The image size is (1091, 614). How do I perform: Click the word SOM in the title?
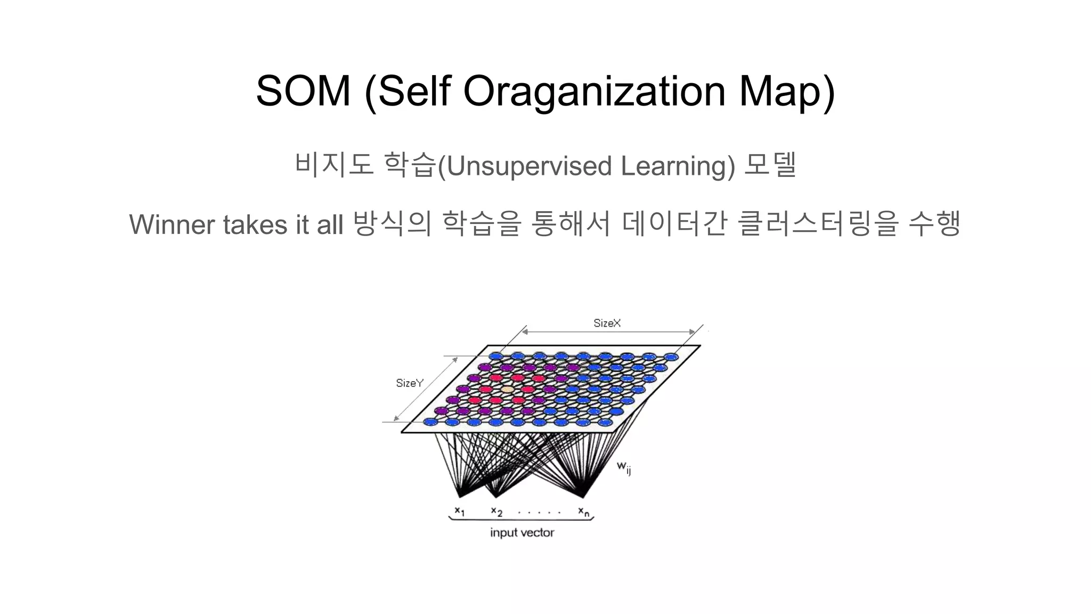tap(303, 91)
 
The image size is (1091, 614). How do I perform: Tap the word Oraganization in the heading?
tap(594, 91)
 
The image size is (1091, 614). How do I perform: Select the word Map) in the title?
tap(786, 91)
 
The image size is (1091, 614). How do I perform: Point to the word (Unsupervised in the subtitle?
tap(524, 166)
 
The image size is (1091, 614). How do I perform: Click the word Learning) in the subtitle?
tap(678, 166)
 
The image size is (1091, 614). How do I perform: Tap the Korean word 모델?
tap(770, 165)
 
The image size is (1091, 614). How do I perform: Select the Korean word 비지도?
tap(333, 165)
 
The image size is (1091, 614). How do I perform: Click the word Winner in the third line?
tap(171, 224)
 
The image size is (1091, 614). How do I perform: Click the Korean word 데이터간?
tap(674, 223)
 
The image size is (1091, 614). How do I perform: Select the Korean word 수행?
tap(934, 223)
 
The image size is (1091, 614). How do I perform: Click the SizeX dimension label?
tap(607, 323)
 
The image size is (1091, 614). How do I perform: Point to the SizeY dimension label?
tap(409, 383)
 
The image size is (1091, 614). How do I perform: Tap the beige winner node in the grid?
tap(507, 390)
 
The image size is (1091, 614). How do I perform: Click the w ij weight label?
tap(624, 467)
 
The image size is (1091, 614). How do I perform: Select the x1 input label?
tap(459, 511)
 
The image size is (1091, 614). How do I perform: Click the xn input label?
tap(584, 512)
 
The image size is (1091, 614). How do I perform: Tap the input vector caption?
tap(522, 532)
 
